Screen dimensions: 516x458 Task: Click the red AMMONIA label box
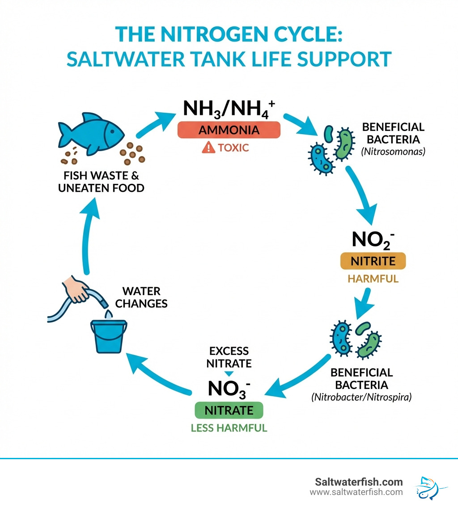[229, 130]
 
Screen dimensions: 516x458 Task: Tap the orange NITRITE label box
[373, 261]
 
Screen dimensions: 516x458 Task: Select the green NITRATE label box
[229, 410]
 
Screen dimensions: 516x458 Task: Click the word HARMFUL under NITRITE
[373, 279]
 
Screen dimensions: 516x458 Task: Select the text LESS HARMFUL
[229, 428]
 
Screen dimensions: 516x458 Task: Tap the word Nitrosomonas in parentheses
[393, 151]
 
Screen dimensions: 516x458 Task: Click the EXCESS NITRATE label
[229, 357]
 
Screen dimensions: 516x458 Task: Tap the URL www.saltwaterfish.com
[356, 492]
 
